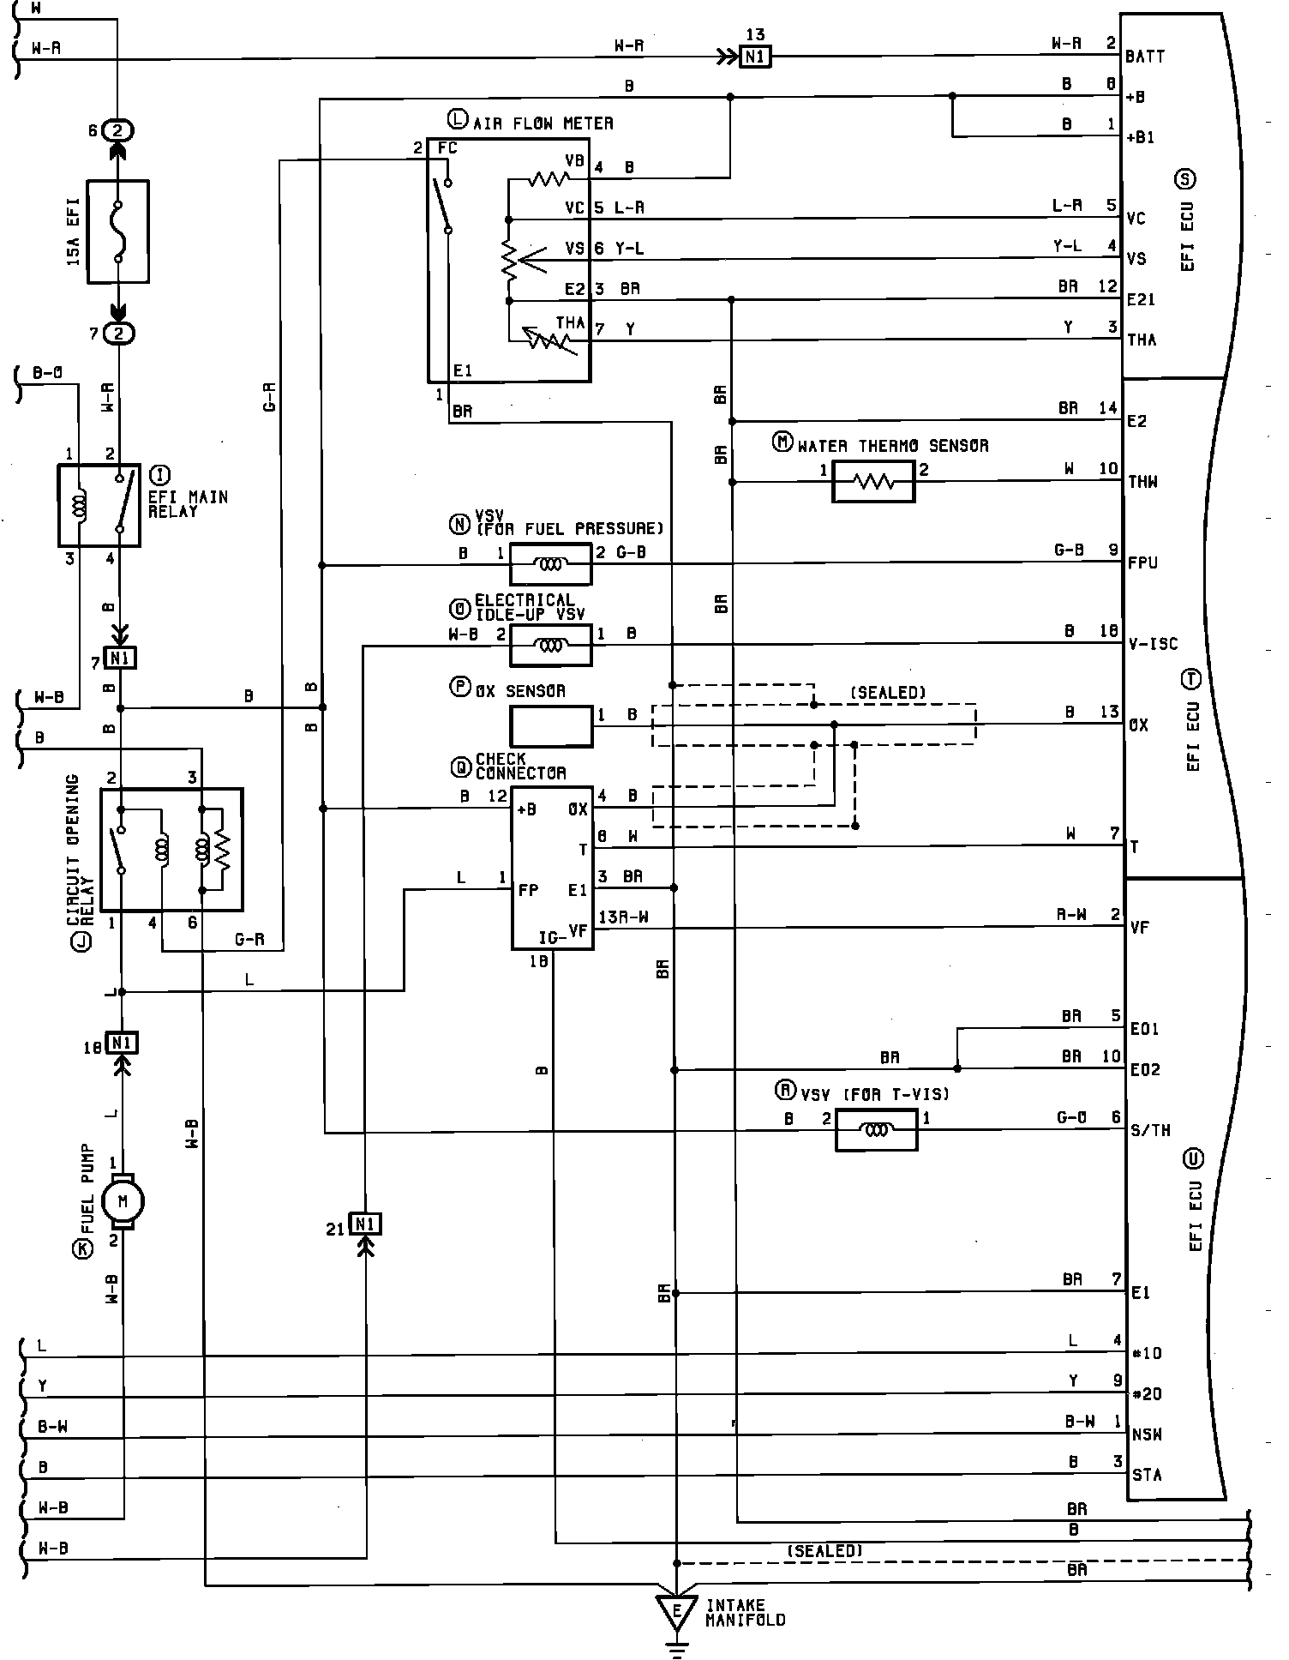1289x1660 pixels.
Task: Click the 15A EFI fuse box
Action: click(118, 231)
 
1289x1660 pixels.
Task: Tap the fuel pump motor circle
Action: click(123, 1201)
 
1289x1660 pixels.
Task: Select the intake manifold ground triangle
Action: click(676, 1613)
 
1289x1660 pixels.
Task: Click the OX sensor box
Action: click(551, 726)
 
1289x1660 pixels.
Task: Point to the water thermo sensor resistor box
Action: click(873, 481)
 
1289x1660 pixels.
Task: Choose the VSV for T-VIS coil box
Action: click(875, 1129)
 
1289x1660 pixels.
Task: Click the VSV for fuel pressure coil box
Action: click(550, 564)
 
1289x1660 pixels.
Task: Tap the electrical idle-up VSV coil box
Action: click(550, 645)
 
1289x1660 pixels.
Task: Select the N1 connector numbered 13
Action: click(756, 57)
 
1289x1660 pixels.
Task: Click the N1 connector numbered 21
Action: click(366, 1224)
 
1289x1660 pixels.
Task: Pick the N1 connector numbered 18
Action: click(122, 1043)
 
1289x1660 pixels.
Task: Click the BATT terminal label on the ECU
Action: click(1145, 57)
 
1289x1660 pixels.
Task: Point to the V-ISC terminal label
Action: click(1153, 644)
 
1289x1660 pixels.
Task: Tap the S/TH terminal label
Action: click(1150, 1130)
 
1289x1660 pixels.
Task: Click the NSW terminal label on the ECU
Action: click(1146, 1434)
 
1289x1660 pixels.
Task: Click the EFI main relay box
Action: click(99, 505)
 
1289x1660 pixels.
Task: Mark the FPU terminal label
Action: click(1143, 563)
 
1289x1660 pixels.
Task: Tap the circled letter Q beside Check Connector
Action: click(460, 764)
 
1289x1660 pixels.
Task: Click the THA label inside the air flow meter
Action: click(570, 323)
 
